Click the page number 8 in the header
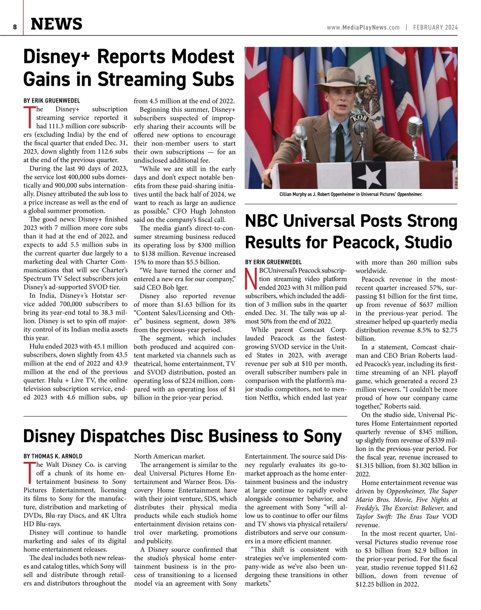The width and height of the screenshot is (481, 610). tap(15, 27)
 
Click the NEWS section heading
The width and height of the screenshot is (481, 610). tap(57, 24)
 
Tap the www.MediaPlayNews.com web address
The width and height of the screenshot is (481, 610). tap(363, 28)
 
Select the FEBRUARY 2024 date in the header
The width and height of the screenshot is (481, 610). tap(435, 28)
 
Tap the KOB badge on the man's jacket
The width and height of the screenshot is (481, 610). tap(358, 119)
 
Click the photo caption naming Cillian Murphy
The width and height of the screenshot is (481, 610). tap(351, 194)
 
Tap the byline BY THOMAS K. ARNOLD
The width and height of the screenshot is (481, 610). tap(53, 456)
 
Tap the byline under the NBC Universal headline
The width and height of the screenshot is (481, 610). tap(273, 262)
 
